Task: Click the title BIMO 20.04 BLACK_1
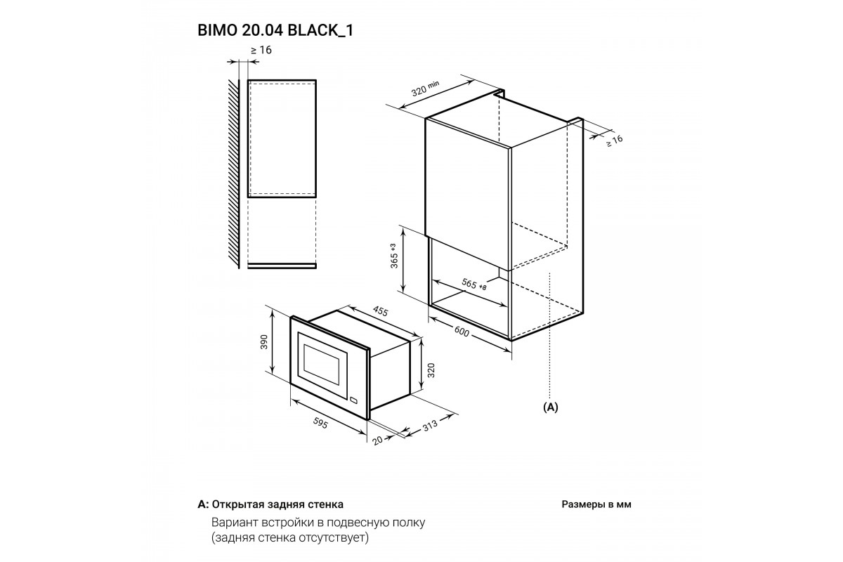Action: tap(275, 30)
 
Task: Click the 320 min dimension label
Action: tap(425, 89)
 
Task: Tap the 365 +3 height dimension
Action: tap(394, 256)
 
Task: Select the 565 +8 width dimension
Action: tap(473, 285)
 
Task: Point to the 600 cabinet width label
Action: tap(462, 332)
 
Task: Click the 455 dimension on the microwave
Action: tap(380, 311)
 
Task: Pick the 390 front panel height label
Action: tap(264, 341)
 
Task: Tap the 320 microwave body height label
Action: tap(431, 370)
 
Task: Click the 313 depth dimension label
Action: tap(430, 424)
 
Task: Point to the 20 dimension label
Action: tap(377, 440)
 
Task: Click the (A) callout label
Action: tap(551, 407)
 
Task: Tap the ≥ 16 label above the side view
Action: tap(261, 50)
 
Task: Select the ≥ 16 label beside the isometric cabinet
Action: tap(615, 140)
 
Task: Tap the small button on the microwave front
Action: tap(354, 400)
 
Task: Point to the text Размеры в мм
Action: tap(596, 504)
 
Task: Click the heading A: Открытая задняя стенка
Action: tap(270, 504)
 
